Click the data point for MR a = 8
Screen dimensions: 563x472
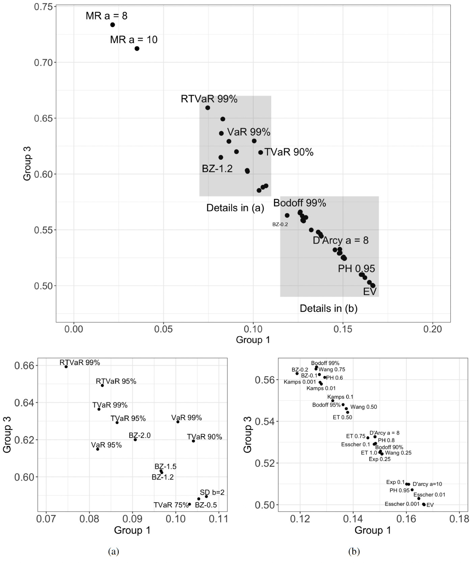pos(113,25)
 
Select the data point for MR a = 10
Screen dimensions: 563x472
pos(137,48)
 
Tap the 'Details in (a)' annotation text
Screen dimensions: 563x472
pos(235,208)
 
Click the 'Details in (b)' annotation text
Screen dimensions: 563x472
pos(328,308)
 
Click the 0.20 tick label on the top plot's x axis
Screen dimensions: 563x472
pos(432,329)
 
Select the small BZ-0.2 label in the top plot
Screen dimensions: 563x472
pos(280,224)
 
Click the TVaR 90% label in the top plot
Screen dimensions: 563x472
pos(289,152)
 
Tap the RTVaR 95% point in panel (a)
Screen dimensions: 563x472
pos(102,385)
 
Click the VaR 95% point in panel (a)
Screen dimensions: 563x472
pos(98,449)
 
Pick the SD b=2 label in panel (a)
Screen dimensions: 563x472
pos(212,492)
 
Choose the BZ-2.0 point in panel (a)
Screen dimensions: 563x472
pos(135,439)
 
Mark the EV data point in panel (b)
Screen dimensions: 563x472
pos(424,505)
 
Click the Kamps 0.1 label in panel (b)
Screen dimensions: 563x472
pos(340,397)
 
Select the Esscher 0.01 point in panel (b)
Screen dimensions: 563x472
pos(419,498)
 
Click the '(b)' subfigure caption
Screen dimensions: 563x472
pos(354,552)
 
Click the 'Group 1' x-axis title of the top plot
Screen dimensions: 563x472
pos(253,340)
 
